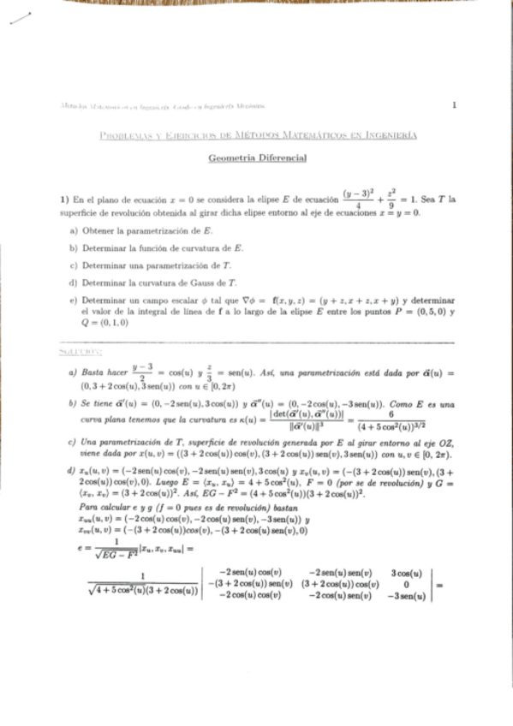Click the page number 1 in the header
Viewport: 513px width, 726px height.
click(x=454, y=105)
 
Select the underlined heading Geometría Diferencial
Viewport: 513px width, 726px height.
click(x=257, y=158)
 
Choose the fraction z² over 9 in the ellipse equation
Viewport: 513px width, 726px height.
click(x=391, y=199)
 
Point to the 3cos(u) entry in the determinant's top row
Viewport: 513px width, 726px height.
click(x=403, y=571)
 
